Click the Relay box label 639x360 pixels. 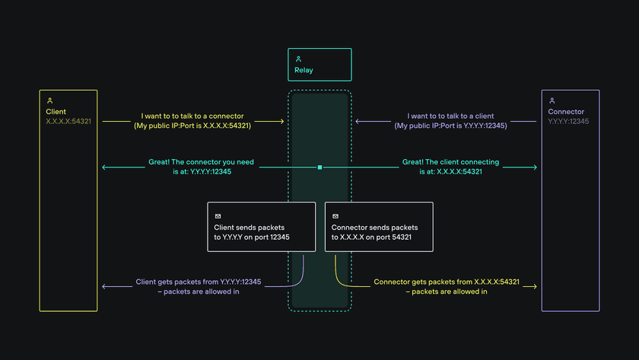pos(304,71)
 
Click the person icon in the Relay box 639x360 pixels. pos(298,59)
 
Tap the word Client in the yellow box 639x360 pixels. pos(56,112)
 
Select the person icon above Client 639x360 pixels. pos(50,100)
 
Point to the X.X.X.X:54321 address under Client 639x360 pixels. pos(68,121)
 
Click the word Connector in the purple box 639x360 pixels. pos(566,112)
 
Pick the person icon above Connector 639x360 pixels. pos(552,100)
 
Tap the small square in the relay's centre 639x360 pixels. pos(320,167)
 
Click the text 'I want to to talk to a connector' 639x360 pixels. pos(192,116)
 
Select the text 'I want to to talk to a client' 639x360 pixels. pos(450,116)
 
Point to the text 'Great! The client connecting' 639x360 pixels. pos(450,162)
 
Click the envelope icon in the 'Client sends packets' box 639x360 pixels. pos(218,216)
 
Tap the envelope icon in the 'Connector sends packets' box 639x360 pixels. pos(335,216)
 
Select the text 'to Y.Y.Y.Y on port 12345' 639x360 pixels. pos(252,237)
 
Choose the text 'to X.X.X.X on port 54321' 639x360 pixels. pos(371,237)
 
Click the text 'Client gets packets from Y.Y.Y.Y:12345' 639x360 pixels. pos(199,282)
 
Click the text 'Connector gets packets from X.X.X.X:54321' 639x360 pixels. pos(447,282)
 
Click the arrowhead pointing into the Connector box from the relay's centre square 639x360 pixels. pos(535,167)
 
